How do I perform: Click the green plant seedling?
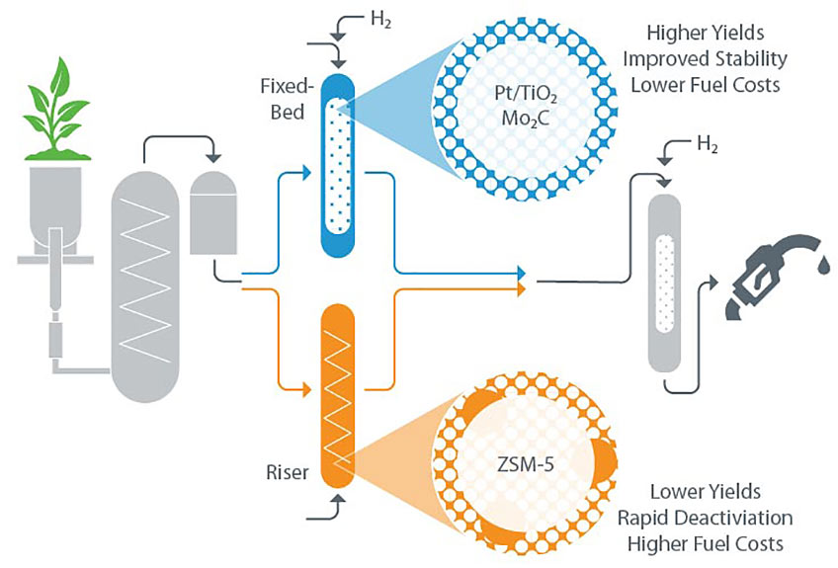coord(56,109)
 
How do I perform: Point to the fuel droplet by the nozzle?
coord(823,266)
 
